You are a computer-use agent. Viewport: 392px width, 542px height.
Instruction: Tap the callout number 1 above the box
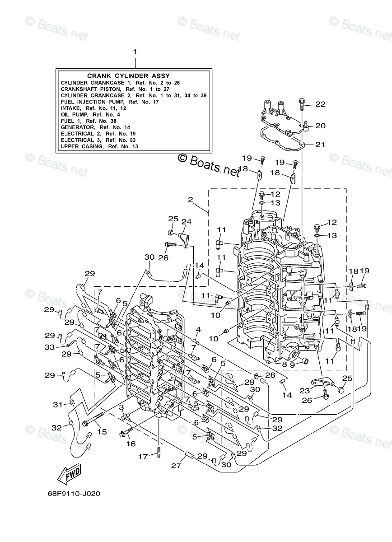point(134,52)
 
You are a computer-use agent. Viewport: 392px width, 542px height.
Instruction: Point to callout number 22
point(320,104)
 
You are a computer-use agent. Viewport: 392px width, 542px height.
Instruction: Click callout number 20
point(320,126)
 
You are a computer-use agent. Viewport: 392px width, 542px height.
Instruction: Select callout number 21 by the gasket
point(320,145)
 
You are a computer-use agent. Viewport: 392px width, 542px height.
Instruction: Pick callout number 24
point(187,222)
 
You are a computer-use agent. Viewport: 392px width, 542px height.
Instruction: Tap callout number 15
point(102,432)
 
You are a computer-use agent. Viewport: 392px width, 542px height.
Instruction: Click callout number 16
point(131,444)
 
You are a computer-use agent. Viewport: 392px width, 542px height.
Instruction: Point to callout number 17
point(143,456)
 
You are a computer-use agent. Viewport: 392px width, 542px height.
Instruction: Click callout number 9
point(292,364)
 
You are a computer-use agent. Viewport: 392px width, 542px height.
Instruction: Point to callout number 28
point(271,375)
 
